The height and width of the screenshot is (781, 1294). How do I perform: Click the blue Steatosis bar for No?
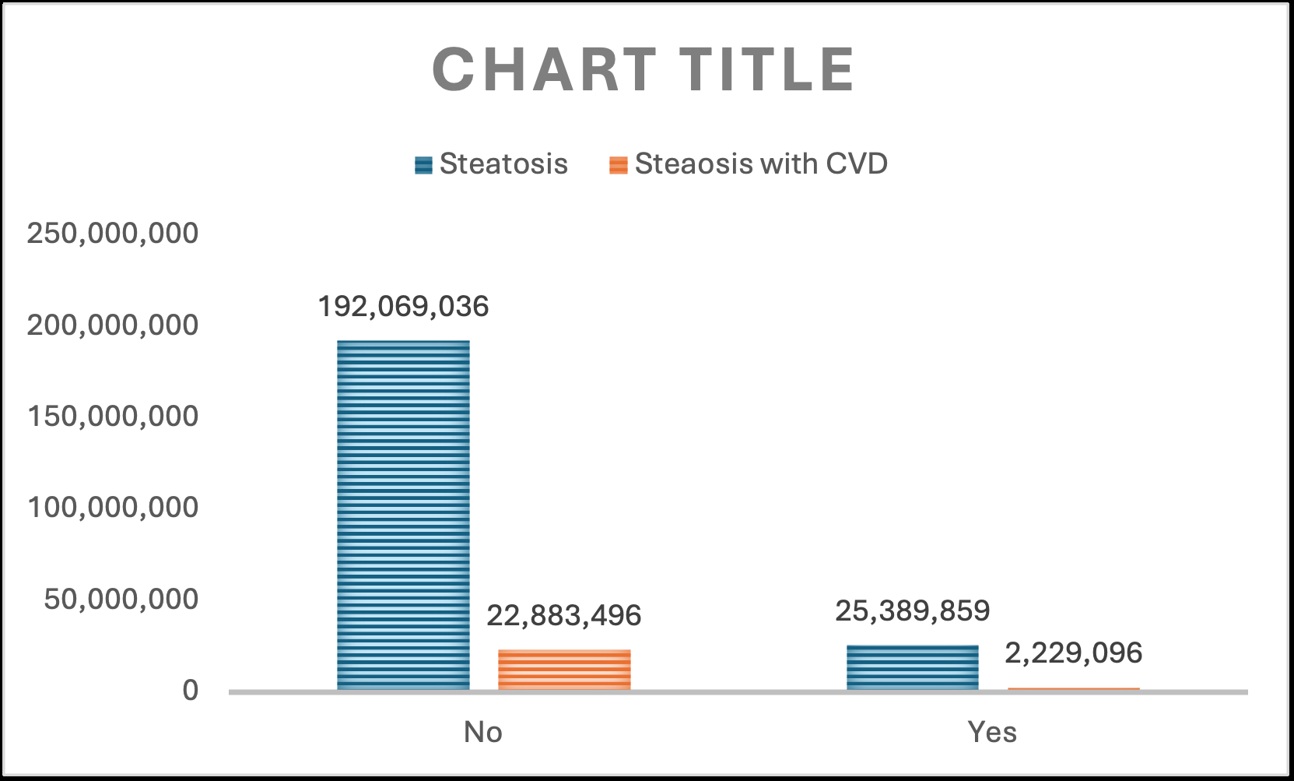pos(403,515)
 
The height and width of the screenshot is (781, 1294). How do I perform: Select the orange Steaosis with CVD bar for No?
pos(564,670)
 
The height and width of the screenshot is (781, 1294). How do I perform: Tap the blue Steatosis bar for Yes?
pos(913,667)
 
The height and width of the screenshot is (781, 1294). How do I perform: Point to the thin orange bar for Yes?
pos(1074,688)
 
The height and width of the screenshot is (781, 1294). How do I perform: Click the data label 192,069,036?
pos(403,306)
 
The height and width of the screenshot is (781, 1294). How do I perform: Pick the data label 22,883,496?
pos(564,616)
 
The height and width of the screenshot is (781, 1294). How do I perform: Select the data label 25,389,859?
pos(913,611)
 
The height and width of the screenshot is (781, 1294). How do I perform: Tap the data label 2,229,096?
pos(1074,653)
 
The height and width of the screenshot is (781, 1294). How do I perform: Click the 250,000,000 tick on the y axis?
pos(113,234)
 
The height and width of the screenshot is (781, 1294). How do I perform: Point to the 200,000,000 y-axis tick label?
pos(113,325)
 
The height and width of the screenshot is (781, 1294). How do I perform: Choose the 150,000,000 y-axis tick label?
pos(113,417)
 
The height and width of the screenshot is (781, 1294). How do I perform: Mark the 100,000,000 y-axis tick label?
pos(113,508)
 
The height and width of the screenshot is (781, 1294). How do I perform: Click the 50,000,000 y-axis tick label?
pos(121,599)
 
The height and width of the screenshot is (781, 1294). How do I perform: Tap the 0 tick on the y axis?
pos(191,690)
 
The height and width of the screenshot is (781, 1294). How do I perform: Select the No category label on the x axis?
pos(483,733)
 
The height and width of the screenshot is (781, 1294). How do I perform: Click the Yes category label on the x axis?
pos(992,733)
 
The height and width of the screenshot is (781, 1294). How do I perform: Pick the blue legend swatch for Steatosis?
pos(423,165)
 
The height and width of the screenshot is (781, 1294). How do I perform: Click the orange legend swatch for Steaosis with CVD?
pos(619,165)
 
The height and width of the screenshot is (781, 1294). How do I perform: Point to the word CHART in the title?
pos(544,69)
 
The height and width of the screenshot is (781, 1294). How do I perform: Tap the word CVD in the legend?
pos(857,164)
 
